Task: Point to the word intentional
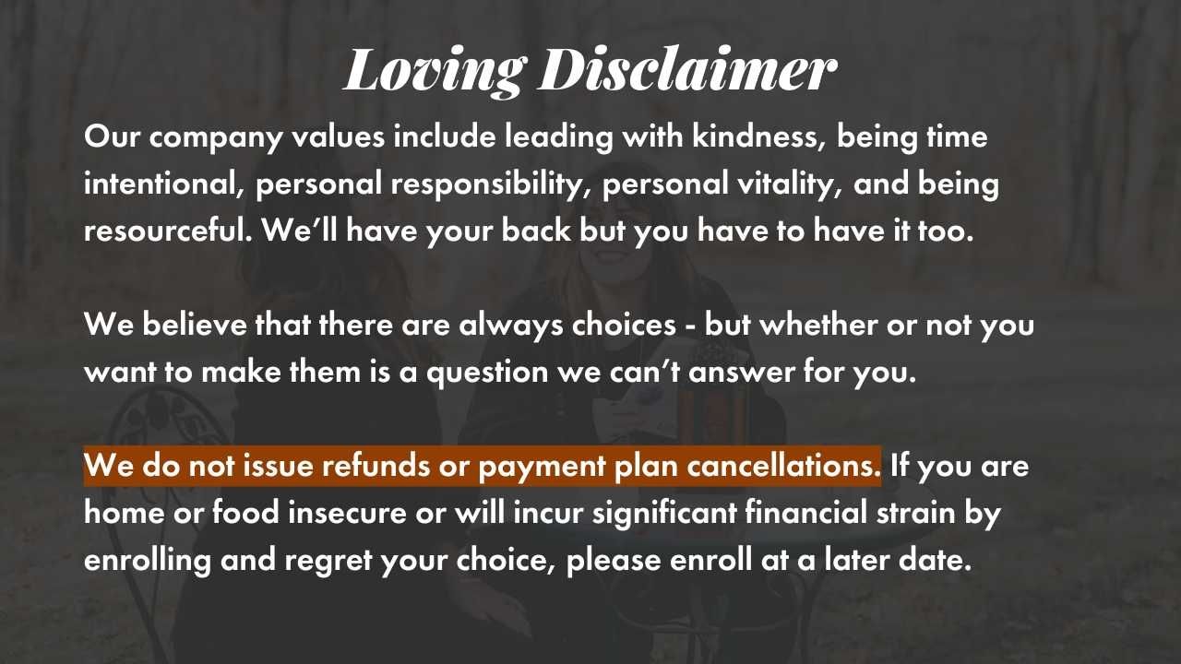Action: click(164, 184)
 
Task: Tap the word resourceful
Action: click(168, 231)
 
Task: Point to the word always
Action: click(511, 326)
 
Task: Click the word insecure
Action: click(347, 513)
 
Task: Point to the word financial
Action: click(806, 513)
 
